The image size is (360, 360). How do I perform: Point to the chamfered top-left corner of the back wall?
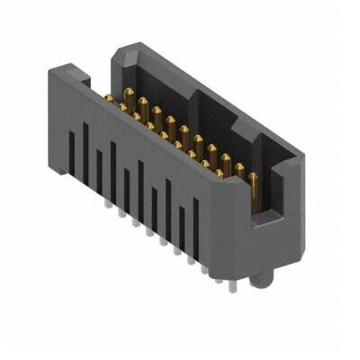120,56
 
